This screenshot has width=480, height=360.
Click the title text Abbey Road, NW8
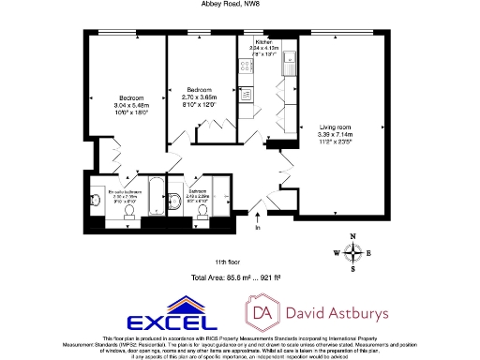pyautogui.click(x=238, y=4)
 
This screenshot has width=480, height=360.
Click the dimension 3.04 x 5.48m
pyautogui.click(x=130, y=105)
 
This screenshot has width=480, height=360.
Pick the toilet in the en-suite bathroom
pyautogui.click(x=97, y=198)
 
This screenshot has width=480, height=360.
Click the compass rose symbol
pyautogui.click(x=353, y=251)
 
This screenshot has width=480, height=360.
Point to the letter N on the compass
pyautogui.click(x=353, y=237)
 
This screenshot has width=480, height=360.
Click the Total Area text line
pyautogui.click(x=237, y=279)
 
